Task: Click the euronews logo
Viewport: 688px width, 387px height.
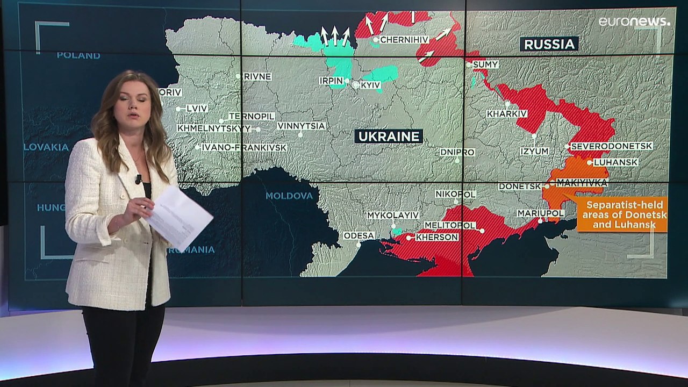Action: [634, 21]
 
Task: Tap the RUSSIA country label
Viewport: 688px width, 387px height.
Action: [549, 44]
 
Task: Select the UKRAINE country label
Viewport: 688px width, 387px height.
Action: [388, 137]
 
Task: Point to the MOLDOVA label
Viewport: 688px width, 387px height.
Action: [289, 196]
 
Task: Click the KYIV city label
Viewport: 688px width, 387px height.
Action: [371, 85]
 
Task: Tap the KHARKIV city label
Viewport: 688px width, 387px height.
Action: [507, 114]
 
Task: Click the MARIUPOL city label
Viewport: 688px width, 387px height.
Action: [541, 213]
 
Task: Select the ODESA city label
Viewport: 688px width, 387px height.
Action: [359, 235]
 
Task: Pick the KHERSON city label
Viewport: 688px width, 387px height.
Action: [437, 237]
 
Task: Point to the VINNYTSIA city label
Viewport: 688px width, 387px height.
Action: [302, 126]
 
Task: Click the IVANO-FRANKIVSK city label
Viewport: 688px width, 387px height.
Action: [244, 147]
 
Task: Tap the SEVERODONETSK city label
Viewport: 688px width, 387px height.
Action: [612, 146]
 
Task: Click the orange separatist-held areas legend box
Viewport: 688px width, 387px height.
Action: [622, 214]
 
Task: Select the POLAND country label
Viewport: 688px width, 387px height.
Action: [78, 55]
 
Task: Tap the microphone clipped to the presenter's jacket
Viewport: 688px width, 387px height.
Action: [138, 178]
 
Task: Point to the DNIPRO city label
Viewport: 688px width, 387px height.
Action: [457, 152]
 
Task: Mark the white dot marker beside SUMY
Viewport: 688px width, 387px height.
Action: [469, 64]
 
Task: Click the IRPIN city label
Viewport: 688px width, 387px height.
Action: [331, 81]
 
